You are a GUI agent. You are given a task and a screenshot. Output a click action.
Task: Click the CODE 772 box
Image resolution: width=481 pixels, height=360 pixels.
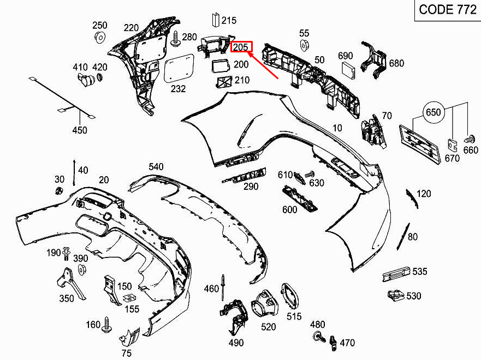[x=448, y=10]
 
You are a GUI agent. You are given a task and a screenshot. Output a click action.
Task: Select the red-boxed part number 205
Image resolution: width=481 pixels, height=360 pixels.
[x=241, y=47]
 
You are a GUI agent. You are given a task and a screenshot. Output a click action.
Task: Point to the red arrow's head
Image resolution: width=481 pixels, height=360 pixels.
[x=250, y=54]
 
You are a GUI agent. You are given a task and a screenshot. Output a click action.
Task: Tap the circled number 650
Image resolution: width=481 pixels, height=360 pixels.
[x=433, y=112]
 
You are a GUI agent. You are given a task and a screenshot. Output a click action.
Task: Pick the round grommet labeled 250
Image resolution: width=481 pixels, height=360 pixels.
[x=100, y=37]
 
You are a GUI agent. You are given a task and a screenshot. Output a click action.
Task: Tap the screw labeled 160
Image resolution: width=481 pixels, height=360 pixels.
[x=107, y=325]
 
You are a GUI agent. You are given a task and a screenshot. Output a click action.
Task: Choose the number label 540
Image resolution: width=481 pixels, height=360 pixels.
[x=156, y=167]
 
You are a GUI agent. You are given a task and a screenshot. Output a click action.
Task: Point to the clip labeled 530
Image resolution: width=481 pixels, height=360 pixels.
[x=396, y=295]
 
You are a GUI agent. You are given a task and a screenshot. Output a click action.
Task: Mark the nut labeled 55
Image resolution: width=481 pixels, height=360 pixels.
[x=304, y=45]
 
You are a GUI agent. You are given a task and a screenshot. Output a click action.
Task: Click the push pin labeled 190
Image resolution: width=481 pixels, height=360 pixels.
[x=66, y=253]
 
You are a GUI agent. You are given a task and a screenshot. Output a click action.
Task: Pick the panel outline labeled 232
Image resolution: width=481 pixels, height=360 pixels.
[x=179, y=69]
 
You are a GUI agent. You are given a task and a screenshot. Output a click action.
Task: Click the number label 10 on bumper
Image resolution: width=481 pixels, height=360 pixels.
[x=337, y=128]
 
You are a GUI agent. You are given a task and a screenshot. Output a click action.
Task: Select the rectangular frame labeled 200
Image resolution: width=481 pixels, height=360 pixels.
[x=221, y=67]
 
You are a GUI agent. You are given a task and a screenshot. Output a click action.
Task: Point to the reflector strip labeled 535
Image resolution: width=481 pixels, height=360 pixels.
[x=396, y=274]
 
